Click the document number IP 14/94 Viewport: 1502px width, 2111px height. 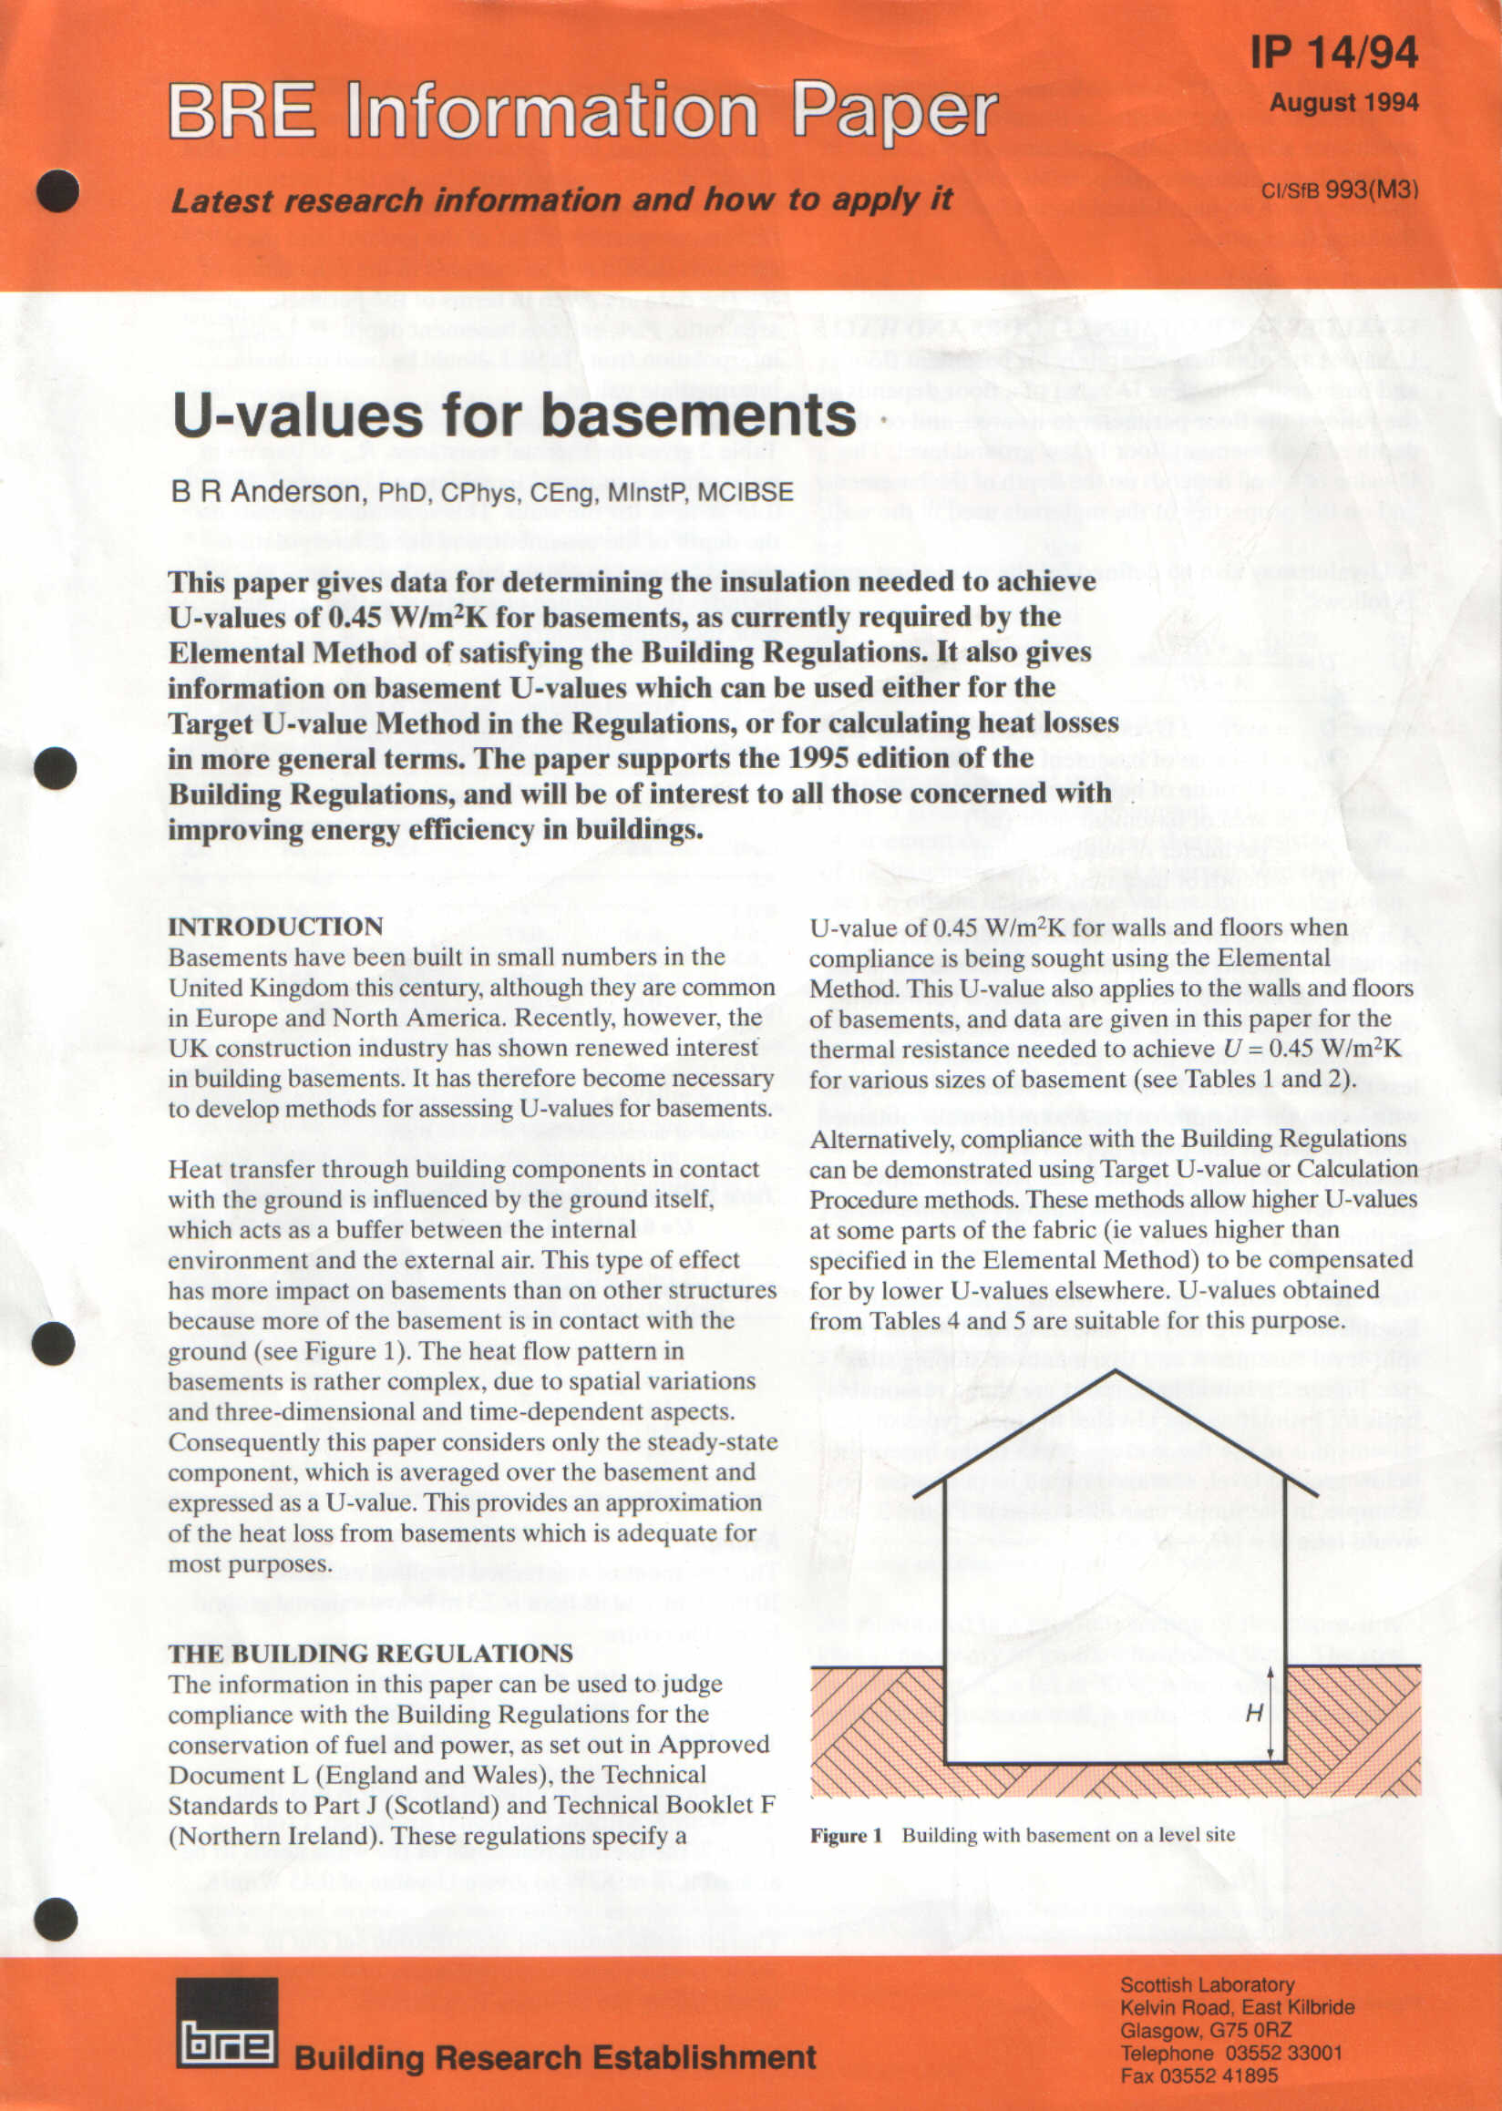coord(1333,53)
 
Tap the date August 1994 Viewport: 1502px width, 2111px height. coord(1343,103)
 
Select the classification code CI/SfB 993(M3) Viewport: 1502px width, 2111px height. coord(1339,190)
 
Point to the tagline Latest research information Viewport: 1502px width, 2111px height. coord(561,200)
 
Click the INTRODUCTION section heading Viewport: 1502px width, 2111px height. coord(275,927)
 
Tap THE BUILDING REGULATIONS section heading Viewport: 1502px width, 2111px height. coord(370,1654)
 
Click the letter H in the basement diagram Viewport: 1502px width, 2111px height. coord(1253,1714)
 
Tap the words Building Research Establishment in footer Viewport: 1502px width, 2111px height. coord(555,2057)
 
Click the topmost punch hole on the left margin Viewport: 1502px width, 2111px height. coord(57,191)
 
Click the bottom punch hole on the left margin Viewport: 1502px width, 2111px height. coord(56,1919)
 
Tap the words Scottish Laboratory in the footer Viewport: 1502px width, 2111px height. coord(1207,1984)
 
